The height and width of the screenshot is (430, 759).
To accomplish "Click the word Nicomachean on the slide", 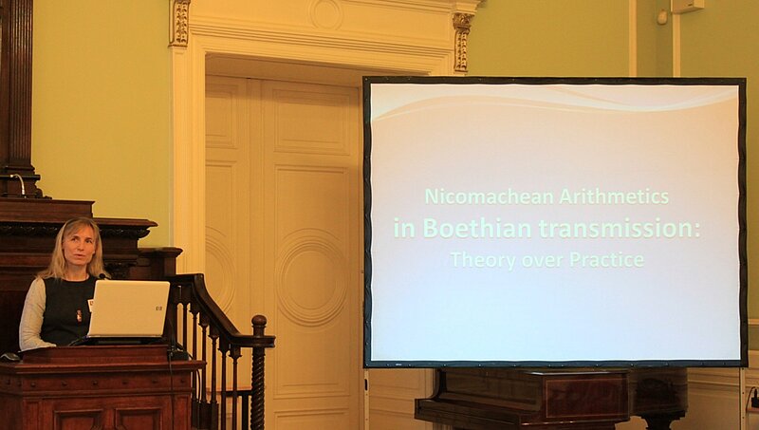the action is pyautogui.click(x=490, y=197).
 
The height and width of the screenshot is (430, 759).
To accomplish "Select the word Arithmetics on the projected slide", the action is pyautogui.click(x=614, y=197).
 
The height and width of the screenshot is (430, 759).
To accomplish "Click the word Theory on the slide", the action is pyautogui.click(x=483, y=260).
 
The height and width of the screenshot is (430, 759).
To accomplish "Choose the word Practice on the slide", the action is pyautogui.click(x=606, y=259).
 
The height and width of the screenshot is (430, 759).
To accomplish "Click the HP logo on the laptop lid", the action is pyautogui.click(x=158, y=308).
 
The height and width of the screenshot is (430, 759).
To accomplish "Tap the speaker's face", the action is pyautogui.click(x=80, y=251).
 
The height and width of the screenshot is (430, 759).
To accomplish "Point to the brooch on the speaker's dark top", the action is pyautogui.click(x=79, y=316).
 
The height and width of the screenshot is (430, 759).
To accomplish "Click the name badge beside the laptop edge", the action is pyautogui.click(x=90, y=305).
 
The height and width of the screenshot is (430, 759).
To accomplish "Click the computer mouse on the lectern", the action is pyautogui.click(x=9, y=357).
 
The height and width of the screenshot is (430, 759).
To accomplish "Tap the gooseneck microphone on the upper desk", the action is pyautogui.click(x=19, y=183).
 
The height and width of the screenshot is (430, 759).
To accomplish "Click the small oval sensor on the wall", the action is pyautogui.click(x=661, y=17).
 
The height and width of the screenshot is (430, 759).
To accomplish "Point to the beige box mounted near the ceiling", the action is pyautogui.click(x=687, y=6).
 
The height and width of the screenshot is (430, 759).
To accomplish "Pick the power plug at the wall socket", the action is pyautogui.click(x=754, y=397).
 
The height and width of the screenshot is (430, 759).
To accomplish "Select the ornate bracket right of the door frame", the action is pyautogui.click(x=461, y=42).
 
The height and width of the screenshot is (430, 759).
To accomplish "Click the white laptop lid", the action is pyautogui.click(x=129, y=308).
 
